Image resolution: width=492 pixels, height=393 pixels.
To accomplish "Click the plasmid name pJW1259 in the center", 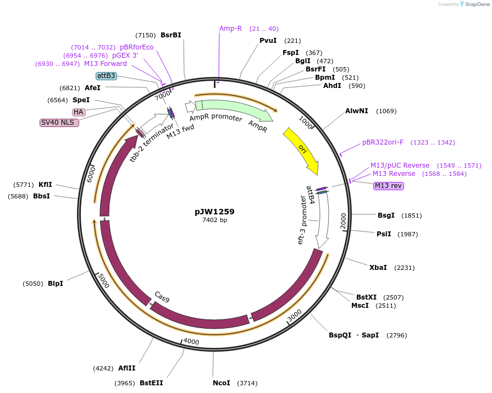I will [214, 211].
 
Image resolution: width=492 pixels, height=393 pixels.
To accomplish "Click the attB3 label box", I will [106, 76].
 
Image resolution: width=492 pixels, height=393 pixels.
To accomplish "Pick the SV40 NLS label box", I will [59, 123].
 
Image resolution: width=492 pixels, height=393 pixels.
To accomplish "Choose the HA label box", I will [79, 112].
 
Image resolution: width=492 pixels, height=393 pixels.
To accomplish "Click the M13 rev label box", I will [389, 186].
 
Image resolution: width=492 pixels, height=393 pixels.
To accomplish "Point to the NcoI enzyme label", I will [222, 383].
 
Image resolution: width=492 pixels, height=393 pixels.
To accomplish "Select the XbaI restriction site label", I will [378, 268].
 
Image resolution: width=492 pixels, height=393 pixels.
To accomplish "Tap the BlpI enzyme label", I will [56, 284].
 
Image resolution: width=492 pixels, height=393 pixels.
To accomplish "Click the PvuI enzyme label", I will [268, 41].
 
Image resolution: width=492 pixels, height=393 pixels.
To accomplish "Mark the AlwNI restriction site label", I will [357, 111].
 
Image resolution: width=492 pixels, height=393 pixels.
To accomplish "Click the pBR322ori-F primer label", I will [383, 142].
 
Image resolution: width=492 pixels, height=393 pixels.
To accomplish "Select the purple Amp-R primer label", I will [230, 29].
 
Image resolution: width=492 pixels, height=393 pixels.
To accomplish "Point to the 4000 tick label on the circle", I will [191, 341].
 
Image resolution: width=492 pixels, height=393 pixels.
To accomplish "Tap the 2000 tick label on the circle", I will [343, 220].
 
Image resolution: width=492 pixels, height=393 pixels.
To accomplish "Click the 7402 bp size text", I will [214, 220].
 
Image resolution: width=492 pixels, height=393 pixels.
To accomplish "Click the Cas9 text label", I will [162, 297].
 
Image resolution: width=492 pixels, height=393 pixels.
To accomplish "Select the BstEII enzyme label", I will [151, 383].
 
